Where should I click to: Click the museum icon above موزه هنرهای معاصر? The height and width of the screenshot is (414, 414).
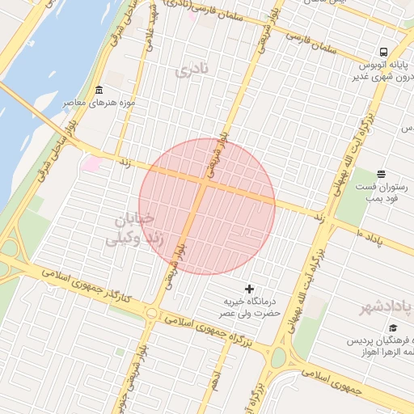99,90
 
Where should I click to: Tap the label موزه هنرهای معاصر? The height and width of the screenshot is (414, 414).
99,104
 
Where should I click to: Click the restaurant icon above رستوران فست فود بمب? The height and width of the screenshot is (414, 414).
382,174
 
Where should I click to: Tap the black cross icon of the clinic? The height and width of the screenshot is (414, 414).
249,289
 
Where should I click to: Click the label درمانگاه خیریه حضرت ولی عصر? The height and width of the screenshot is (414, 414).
251,306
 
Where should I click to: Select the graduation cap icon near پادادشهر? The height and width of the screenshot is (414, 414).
393,327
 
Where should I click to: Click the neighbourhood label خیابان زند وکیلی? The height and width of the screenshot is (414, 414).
128,229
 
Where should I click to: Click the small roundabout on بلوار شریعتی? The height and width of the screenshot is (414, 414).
151,313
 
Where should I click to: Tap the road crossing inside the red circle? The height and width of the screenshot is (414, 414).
202,184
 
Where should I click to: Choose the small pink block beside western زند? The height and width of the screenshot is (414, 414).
91,164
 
